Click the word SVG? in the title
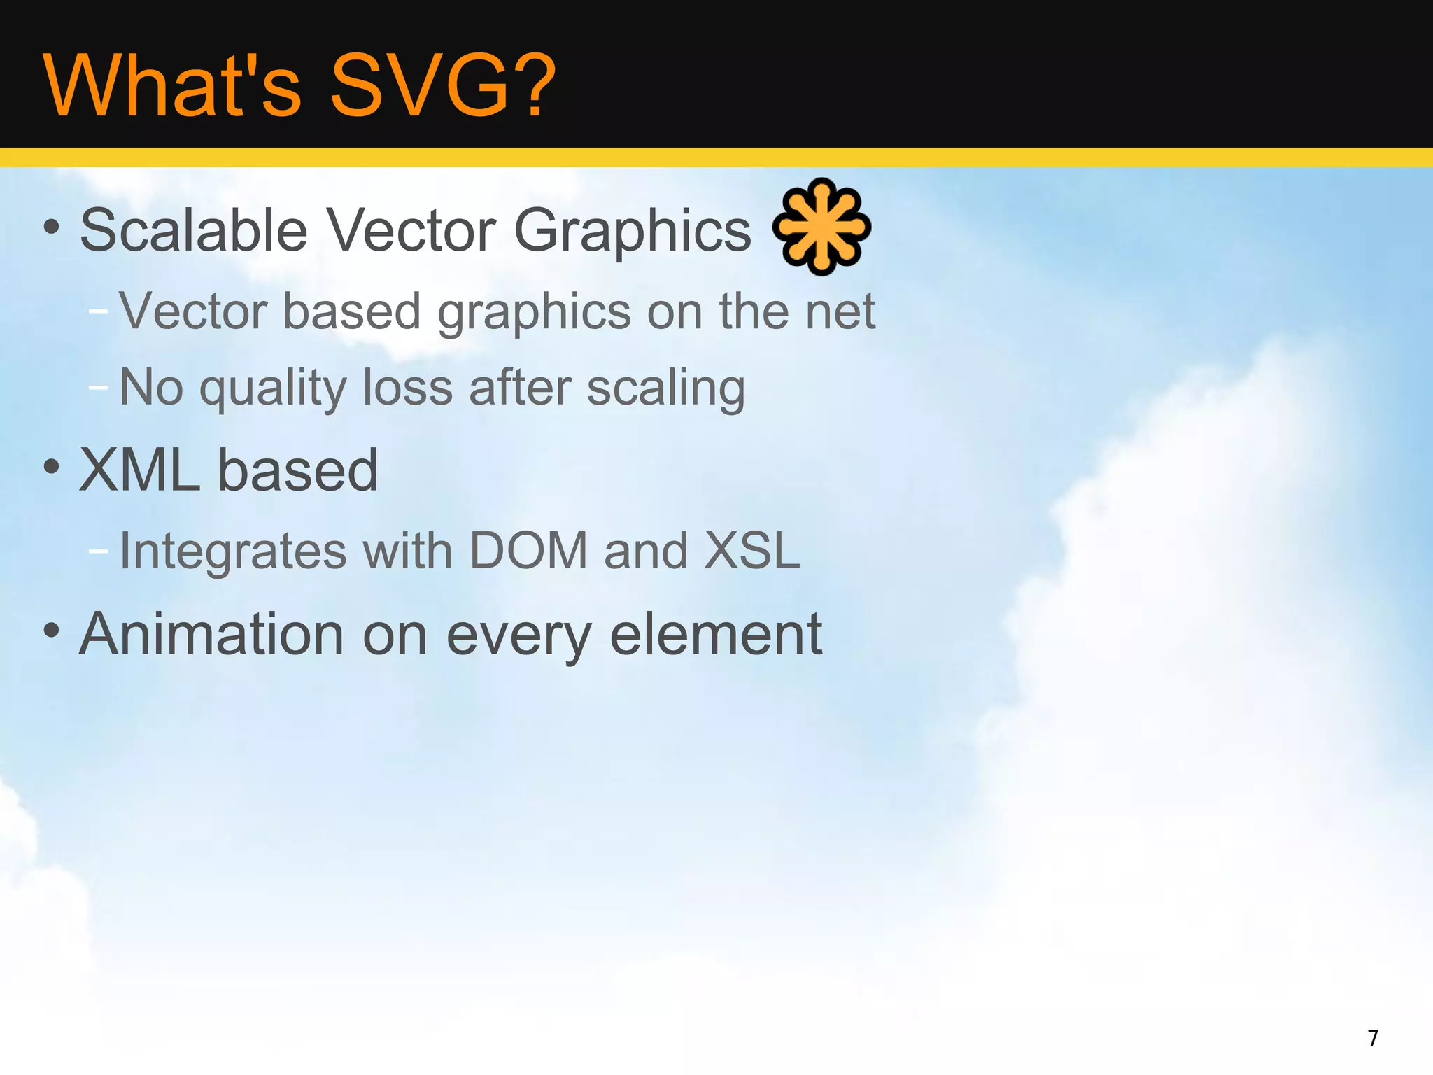click(442, 86)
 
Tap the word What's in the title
click(172, 86)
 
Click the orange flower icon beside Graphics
click(821, 227)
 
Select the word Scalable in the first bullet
click(194, 230)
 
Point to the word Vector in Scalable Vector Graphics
click(411, 230)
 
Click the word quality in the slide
click(273, 389)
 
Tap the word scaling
click(665, 389)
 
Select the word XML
click(140, 470)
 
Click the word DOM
click(528, 551)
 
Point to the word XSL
click(751, 551)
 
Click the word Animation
click(211, 634)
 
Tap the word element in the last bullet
click(716, 634)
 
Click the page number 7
click(1373, 1038)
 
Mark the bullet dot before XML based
click(51, 467)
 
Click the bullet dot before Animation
click(51, 631)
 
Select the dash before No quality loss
click(99, 386)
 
